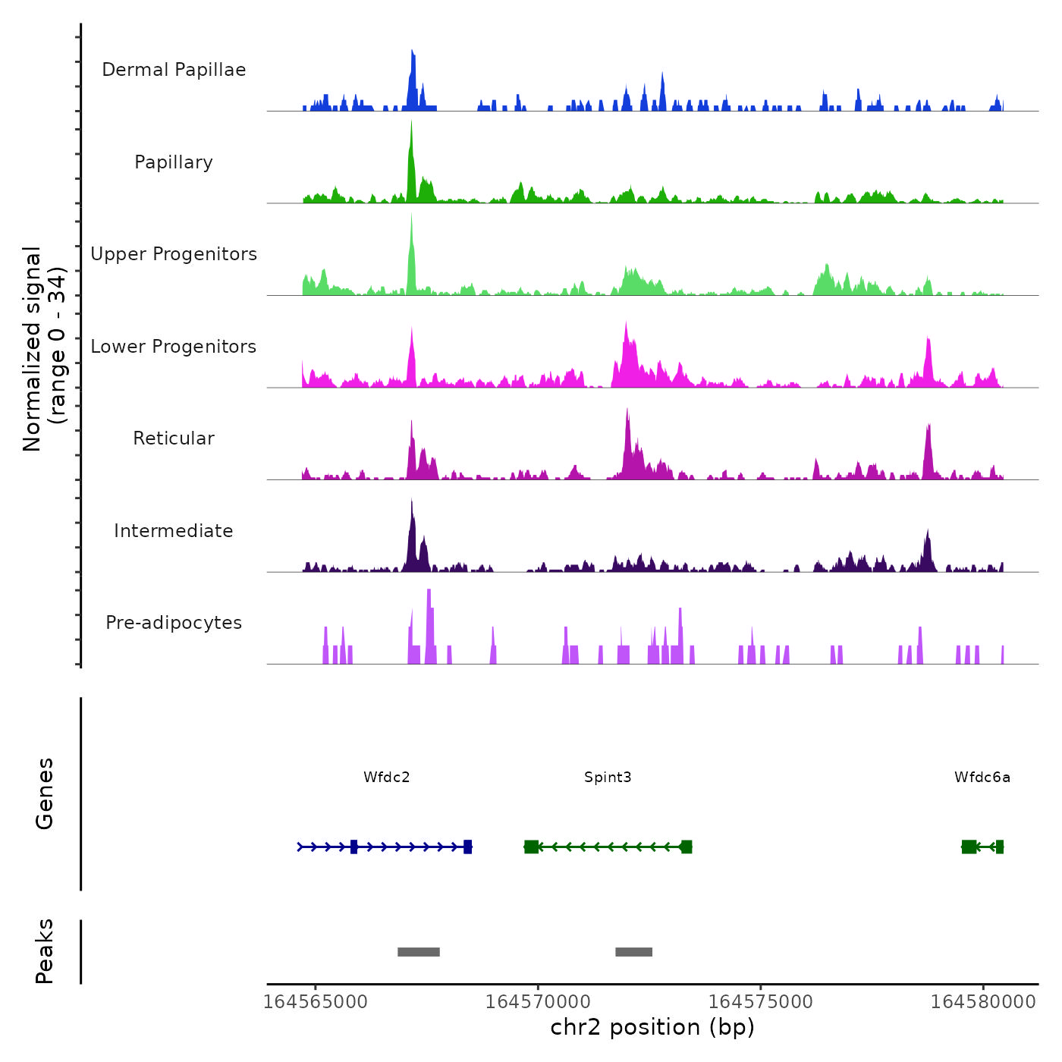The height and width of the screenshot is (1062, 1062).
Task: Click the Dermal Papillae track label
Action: click(x=174, y=70)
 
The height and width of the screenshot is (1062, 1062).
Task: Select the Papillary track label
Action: click(x=174, y=162)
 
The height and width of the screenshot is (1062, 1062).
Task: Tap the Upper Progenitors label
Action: click(x=174, y=254)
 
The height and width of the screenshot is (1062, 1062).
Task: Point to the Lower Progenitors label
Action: click(x=174, y=347)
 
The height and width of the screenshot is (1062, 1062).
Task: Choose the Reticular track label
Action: click(x=174, y=438)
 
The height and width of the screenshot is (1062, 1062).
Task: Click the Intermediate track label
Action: click(x=174, y=531)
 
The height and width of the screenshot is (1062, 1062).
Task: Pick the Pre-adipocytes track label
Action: click(x=174, y=623)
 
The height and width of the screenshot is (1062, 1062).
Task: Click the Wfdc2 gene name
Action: click(x=386, y=777)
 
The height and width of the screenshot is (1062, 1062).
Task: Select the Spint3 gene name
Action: click(x=608, y=777)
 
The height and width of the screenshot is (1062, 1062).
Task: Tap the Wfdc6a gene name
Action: click(x=982, y=777)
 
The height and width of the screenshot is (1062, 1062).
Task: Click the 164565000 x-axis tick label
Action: click(x=315, y=1002)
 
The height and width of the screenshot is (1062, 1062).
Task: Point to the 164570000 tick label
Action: click(x=538, y=1002)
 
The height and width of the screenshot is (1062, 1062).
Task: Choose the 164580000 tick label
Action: click(x=983, y=1002)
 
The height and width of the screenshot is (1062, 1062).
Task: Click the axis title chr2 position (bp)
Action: click(x=652, y=1027)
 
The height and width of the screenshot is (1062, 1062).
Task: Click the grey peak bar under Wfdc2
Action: click(x=419, y=952)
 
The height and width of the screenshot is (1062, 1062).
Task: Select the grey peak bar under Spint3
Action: click(x=633, y=952)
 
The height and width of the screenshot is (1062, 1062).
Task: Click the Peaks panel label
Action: click(x=45, y=951)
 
